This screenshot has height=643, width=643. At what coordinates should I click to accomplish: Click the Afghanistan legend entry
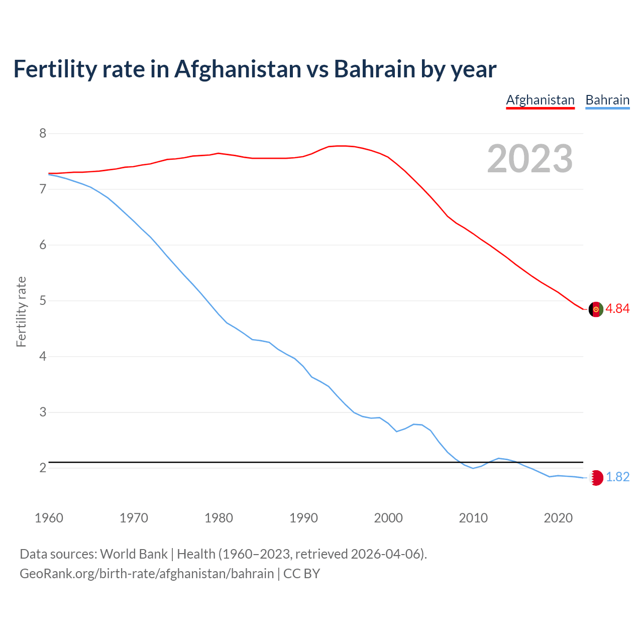(x=540, y=100)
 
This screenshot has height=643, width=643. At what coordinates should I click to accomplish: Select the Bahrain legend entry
(x=607, y=100)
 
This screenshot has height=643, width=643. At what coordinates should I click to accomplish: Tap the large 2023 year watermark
(x=529, y=159)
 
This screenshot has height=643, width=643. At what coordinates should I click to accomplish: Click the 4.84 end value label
(x=617, y=309)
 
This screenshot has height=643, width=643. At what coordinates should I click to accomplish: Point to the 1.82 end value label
(x=617, y=477)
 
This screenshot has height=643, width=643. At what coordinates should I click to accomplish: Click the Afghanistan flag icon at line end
(x=596, y=309)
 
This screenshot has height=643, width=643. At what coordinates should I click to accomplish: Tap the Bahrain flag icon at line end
(x=596, y=477)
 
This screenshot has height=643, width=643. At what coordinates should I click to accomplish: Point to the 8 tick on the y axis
(x=43, y=134)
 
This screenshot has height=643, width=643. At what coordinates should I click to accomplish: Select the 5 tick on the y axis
(x=43, y=301)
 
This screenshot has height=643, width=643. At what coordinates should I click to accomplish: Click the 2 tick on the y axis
(x=43, y=468)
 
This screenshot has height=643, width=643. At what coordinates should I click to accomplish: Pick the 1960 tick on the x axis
(x=49, y=518)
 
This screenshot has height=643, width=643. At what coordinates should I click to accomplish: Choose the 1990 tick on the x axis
(x=303, y=518)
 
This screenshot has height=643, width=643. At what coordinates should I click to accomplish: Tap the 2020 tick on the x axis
(x=558, y=518)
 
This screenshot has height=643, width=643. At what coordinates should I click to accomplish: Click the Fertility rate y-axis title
(x=21, y=311)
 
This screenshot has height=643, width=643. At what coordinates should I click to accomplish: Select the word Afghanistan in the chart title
(x=238, y=69)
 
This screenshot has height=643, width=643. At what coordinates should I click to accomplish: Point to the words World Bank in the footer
(x=134, y=554)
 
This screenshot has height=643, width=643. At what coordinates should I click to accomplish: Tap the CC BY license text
(x=301, y=574)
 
